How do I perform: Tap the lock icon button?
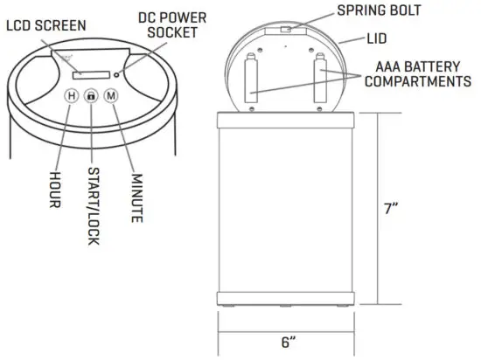click(90, 98)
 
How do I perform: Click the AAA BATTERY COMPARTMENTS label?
click(416, 75)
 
